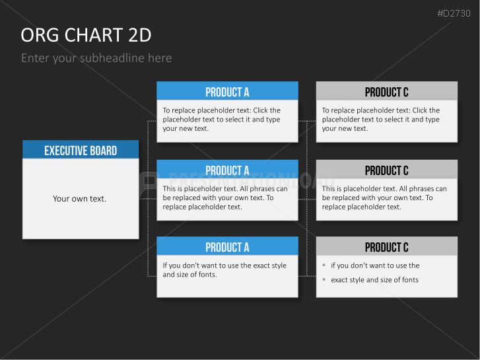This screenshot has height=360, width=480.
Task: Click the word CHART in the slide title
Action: (x=94, y=35)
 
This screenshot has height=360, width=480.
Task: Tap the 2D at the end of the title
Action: (x=140, y=35)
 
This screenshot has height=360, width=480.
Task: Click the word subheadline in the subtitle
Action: (x=112, y=58)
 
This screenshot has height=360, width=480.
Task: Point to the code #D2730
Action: (x=454, y=13)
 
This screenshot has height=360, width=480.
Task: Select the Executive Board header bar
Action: (x=81, y=149)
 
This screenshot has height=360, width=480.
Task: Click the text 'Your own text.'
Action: (x=80, y=199)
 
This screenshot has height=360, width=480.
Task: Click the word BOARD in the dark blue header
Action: (x=104, y=151)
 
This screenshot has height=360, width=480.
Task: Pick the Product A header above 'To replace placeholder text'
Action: (x=227, y=90)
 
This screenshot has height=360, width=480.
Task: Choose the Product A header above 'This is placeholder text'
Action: (x=227, y=169)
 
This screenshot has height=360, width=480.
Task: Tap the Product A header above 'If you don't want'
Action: (x=227, y=246)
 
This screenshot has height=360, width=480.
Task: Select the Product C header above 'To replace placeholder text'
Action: (x=387, y=90)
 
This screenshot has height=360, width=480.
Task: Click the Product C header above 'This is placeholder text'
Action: (x=387, y=169)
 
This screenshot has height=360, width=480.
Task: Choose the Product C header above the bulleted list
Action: (x=387, y=246)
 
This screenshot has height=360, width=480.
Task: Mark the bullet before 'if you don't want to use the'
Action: (x=324, y=265)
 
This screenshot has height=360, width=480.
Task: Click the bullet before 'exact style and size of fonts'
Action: (x=324, y=279)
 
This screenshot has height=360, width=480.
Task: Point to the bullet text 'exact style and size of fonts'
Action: (x=375, y=279)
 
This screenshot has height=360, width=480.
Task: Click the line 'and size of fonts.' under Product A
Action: (x=189, y=275)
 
